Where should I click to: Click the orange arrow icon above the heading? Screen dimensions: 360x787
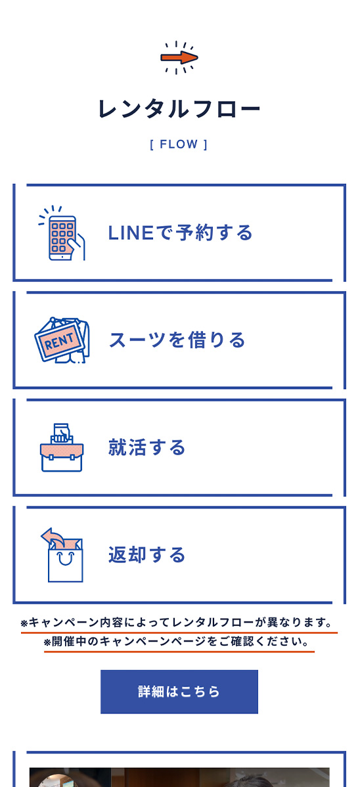tap(179, 58)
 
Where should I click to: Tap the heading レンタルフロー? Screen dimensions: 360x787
tap(179, 110)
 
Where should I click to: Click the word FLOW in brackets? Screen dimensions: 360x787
tap(179, 145)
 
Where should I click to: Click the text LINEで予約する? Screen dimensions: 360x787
tap(180, 233)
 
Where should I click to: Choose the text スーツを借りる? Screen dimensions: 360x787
tap(177, 340)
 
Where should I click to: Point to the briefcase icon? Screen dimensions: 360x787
tap(62, 448)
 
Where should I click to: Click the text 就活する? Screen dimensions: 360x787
tap(147, 447)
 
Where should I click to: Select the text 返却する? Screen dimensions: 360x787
tap(147, 554)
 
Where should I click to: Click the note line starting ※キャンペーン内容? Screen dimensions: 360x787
tap(177, 623)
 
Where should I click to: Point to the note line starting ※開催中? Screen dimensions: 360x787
tap(176, 641)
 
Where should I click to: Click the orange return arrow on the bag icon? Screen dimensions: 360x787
tap(52, 538)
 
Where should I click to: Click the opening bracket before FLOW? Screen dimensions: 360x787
tap(152, 145)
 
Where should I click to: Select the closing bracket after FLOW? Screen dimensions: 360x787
tap(206, 145)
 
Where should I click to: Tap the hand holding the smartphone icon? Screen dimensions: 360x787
tap(78, 248)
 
